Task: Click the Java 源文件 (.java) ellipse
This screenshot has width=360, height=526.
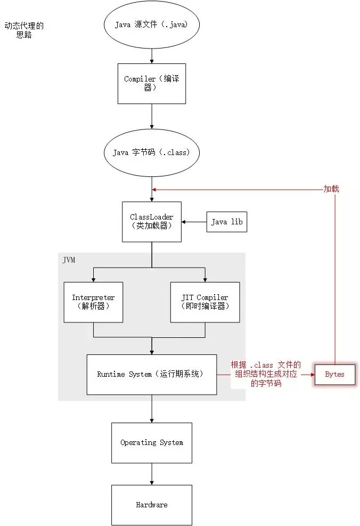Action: point(151,25)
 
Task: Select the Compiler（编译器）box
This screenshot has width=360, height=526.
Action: point(151,84)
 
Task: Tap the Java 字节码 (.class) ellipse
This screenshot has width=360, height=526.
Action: point(151,152)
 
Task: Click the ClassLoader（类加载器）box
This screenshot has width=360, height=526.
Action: point(152,222)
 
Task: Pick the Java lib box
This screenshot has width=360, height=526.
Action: point(227,222)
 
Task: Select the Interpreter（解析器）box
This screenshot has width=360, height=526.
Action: point(93,302)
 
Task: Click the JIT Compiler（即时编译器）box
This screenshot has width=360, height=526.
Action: point(205,302)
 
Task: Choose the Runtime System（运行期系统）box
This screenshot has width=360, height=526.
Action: point(152,374)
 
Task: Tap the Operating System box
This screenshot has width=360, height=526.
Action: point(152,442)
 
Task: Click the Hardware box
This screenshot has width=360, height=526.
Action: point(152,505)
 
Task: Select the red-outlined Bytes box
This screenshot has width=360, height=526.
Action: point(334,374)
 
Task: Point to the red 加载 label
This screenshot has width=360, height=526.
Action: point(331,189)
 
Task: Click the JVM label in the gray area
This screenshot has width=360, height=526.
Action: point(69,260)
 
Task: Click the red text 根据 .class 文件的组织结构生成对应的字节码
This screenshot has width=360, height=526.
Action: point(265,374)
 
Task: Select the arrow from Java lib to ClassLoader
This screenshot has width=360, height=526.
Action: point(194,222)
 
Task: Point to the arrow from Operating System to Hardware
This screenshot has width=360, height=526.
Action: point(152,473)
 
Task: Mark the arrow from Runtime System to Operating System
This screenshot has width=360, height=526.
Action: point(152,408)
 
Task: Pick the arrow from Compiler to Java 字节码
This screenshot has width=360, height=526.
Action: point(152,116)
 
